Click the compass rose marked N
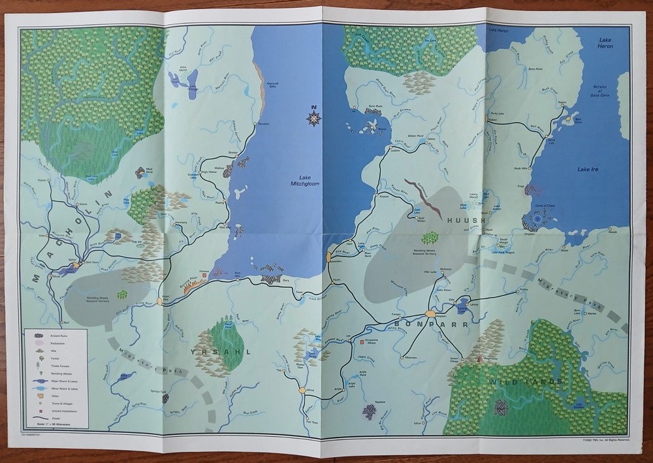coord(314,118)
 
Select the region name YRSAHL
coord(211,351)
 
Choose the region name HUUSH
coord(466,221)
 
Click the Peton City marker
coord(165,300)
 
